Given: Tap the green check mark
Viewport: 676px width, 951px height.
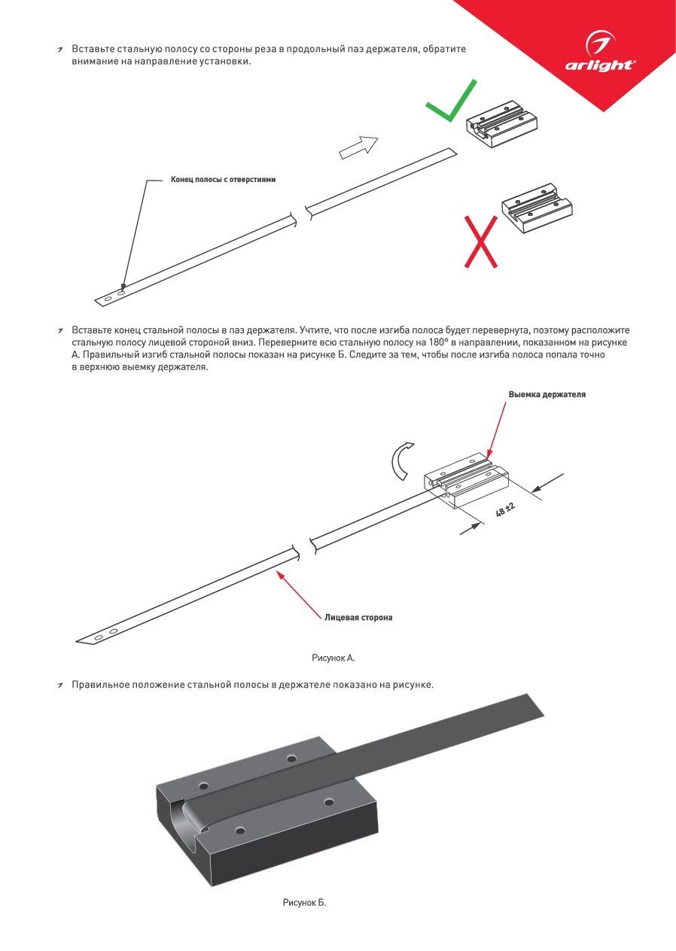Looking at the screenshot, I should tap(450, 104).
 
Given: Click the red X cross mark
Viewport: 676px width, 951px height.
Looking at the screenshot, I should tap(480, 242).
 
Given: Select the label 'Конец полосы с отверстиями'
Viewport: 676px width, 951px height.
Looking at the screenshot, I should tap(223, 180).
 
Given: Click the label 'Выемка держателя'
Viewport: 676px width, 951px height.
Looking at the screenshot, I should tap(547, 394).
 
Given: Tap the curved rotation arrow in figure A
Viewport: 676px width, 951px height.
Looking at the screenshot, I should tap(400, 460).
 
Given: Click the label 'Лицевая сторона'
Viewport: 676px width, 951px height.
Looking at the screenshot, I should tap(358, 618).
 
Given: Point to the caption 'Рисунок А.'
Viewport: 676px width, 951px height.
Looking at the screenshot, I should tap(333, 658).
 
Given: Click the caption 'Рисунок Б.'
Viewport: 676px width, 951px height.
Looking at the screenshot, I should tap(304, 902).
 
